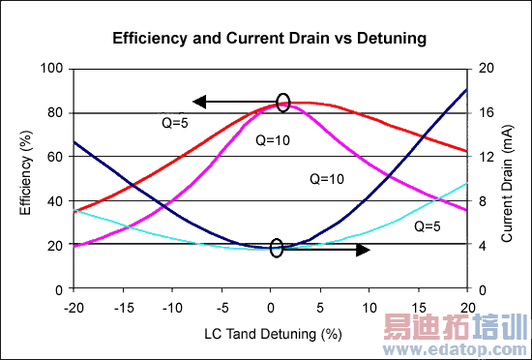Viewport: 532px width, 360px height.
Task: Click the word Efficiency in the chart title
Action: coord(148,41)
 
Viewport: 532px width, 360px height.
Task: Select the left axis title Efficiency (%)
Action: coord(27,179)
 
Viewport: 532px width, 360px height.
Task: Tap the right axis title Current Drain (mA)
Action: coord(507,179)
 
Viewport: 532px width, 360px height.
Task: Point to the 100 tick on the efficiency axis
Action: coord(52,69)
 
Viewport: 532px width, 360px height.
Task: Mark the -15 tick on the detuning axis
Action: coord(123,306)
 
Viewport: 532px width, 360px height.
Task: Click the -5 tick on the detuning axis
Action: coord(222,306)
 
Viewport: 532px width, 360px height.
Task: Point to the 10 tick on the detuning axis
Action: coord(369,306)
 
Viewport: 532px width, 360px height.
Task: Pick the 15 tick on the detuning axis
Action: coord(418,306)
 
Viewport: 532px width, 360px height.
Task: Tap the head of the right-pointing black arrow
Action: coord(364,250)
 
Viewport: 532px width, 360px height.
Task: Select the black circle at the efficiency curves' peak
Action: coord(283,102)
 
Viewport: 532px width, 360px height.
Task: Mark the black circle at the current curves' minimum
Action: coord(277,249)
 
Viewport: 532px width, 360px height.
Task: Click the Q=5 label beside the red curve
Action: coord(175,123)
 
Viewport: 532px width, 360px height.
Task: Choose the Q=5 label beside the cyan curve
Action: coord(427,226)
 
